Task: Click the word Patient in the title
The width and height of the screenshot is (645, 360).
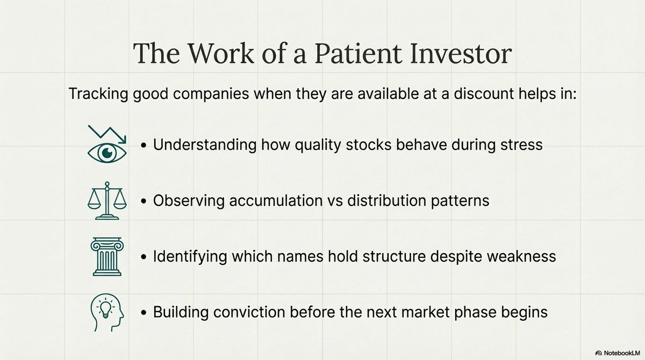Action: coord(358,54)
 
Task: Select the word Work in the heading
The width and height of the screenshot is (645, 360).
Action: coord(221,54)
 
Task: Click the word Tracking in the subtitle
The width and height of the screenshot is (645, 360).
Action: coord(98,95)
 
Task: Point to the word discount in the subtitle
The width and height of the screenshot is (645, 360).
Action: coord(484,93)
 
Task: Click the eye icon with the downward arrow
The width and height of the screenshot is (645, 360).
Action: coord(107,144)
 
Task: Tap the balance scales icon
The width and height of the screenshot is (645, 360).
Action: coord(107,200)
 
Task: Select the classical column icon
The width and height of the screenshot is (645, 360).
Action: coord(107,256)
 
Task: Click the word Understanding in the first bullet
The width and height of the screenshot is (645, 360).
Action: coord(205,145)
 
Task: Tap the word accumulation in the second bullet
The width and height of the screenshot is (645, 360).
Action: coord(276,200)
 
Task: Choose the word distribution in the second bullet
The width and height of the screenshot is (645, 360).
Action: coord(386,200)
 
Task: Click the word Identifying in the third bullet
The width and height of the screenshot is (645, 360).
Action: coord(190,257)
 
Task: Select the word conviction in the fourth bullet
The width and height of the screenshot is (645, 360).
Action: coord(249,312)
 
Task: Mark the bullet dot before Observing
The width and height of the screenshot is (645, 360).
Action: coord(144,201)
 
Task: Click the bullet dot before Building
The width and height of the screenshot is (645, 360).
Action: coord(144,313)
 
